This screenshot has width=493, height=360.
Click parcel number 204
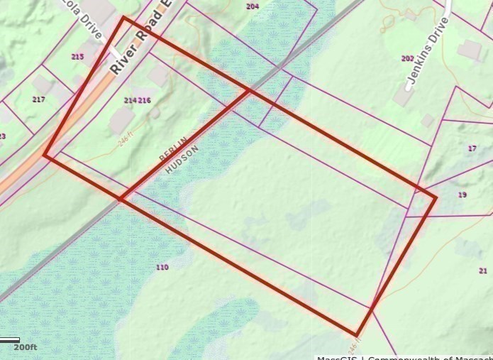point(252,6)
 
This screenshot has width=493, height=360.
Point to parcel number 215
point(78,56)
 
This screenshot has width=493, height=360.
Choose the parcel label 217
point(38,99)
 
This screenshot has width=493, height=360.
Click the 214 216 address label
point(138,101)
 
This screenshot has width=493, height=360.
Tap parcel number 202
point(407,58)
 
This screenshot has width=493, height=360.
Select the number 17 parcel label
point(472,148)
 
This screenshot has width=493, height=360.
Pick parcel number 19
point(462,195)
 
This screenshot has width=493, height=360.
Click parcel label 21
point(483,271)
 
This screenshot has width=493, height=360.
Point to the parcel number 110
point(162,267)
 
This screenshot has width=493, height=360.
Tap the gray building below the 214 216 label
point(122,121)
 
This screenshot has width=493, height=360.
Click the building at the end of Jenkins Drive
point(469,49)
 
